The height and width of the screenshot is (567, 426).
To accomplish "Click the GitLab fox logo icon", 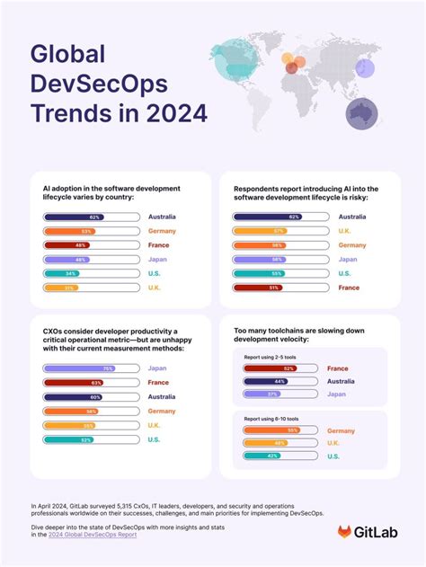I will click(x=345, y=532).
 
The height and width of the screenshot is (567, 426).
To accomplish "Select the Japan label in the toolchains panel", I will click(x=337, y=394).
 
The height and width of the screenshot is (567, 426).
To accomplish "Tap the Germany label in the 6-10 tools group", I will click(x=342, y=430).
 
